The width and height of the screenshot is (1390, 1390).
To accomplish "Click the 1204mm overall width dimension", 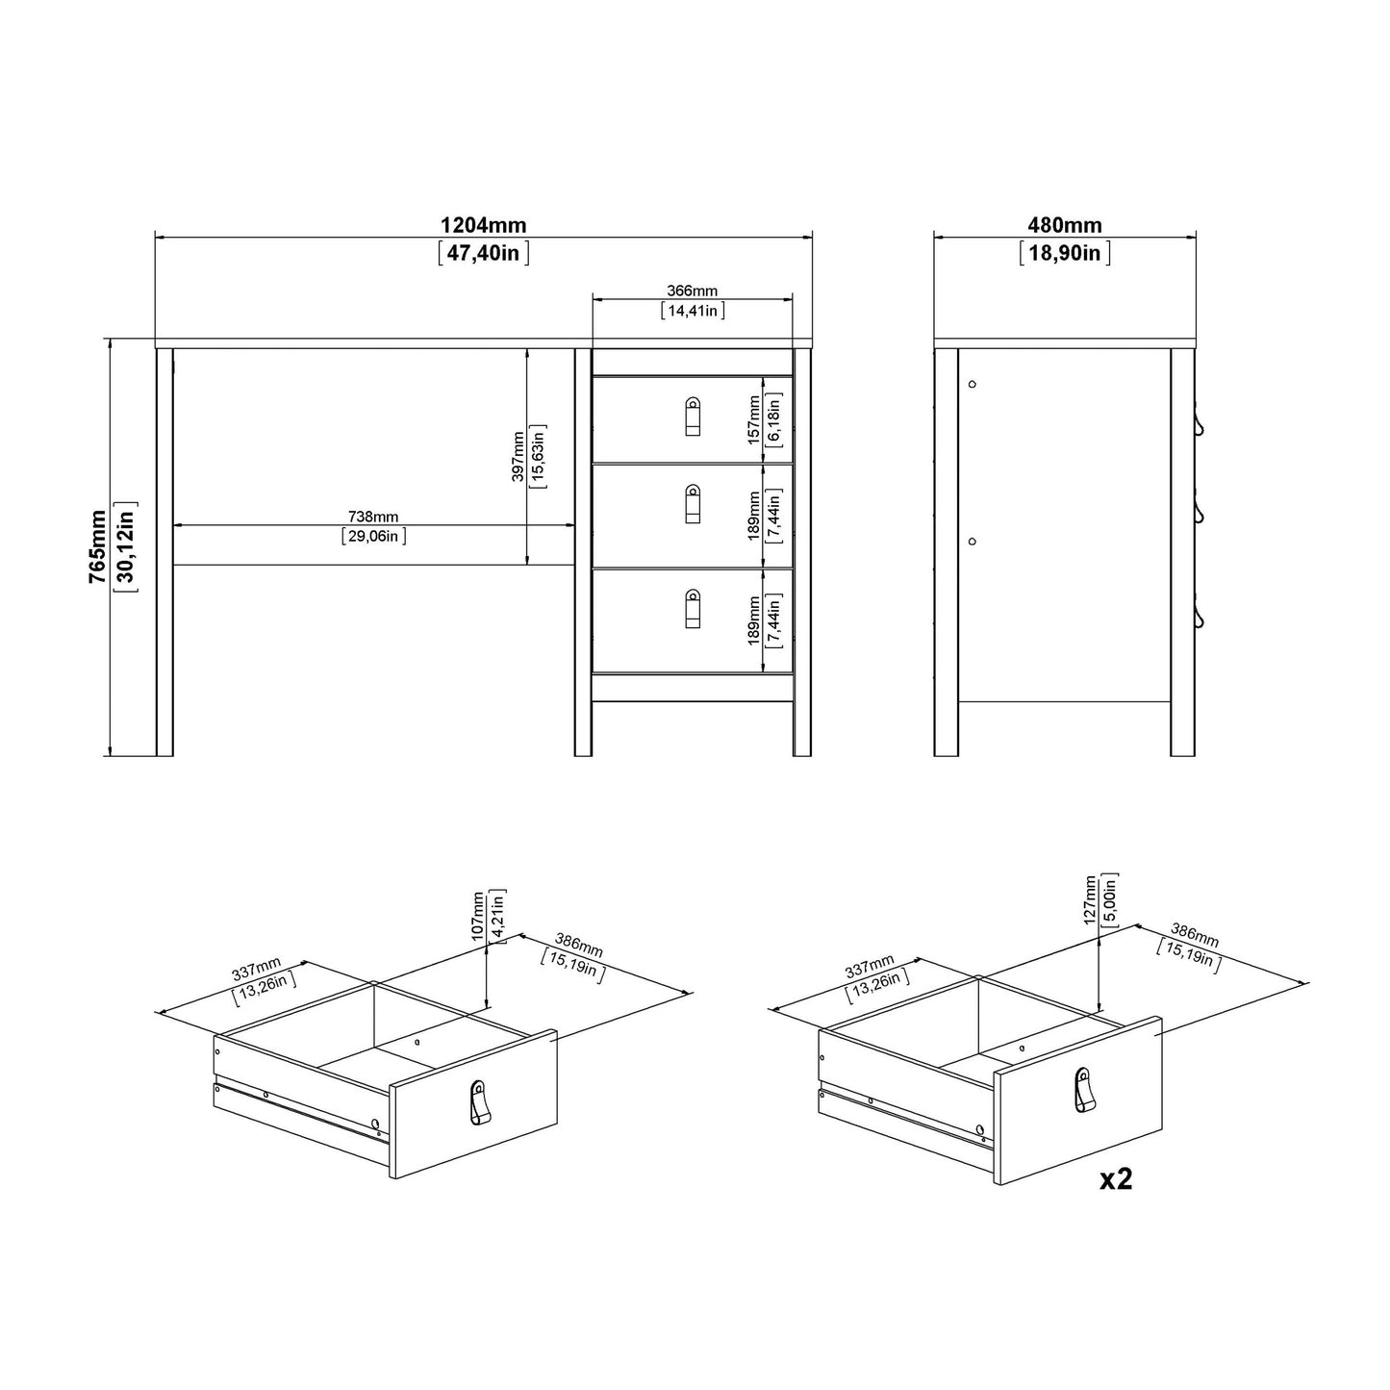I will click(x=483, y=226).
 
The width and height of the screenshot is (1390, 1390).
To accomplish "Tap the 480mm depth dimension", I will click(x=1064, y=226).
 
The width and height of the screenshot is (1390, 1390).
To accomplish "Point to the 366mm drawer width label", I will click(x=692, y=291).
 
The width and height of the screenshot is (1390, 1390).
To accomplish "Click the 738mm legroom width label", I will click(x=373, y=518).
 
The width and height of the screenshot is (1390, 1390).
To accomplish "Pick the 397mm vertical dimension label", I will click(x=518, y=456).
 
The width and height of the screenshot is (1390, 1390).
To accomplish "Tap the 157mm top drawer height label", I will click(x=755, y=420).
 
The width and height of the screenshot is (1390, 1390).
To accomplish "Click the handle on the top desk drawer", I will click(x=693, y=417).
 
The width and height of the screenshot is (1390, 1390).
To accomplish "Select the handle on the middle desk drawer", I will click(x=693, y=504).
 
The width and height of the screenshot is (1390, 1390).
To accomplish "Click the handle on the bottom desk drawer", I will click(x=693, y=610).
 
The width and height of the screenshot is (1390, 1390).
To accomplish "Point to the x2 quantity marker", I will click(x=1116, y=1179).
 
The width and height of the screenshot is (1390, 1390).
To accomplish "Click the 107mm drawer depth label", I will click(x=478, y=916).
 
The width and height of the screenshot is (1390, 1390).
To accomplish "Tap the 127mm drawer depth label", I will click(x=1090, y=899).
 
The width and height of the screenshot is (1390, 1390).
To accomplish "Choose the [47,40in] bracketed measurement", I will click(x=483, y=254).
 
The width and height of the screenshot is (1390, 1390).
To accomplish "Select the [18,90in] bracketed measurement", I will click(x=1064, y=254).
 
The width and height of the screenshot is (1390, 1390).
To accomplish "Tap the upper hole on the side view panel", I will click(x=972, y=384).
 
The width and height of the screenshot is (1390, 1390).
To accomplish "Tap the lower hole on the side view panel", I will click(x=972, y=542).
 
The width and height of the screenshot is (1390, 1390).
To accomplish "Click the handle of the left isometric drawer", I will click(x=479, y=1101).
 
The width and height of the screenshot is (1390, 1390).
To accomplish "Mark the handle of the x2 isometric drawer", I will click(x=1084, y=1090).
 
